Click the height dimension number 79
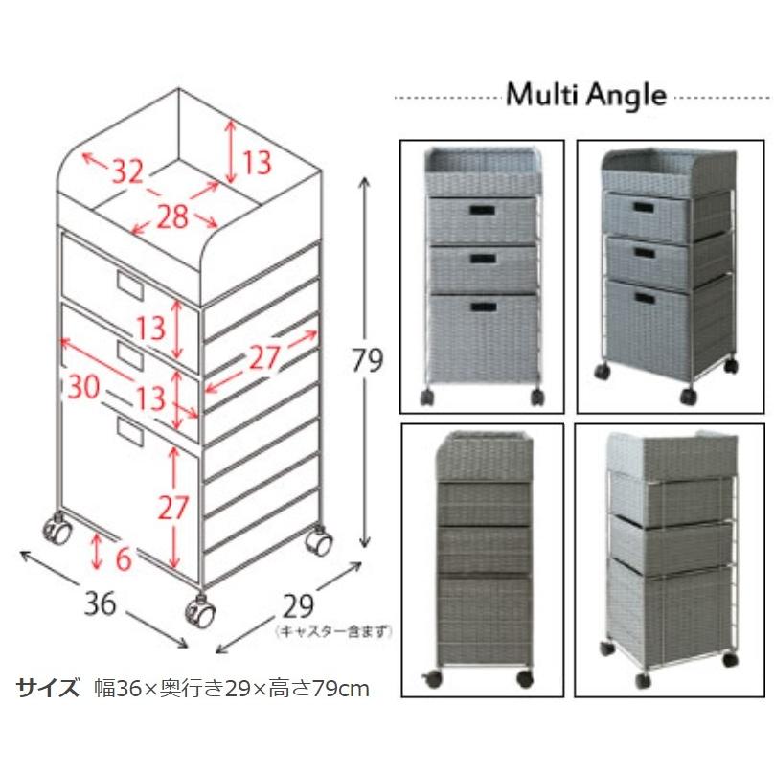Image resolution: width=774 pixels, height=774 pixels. (368, 361)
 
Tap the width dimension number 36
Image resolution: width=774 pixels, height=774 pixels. (100, 603)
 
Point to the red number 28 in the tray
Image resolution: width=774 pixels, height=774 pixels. (172, 217)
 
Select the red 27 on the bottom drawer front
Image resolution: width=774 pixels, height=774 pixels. (173, 507)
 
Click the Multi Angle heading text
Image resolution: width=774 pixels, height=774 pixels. (585, 95)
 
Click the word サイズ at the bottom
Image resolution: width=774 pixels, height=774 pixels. (48, 688)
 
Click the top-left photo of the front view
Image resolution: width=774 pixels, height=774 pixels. (481, 276)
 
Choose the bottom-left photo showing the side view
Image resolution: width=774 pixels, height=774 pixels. (481, 556)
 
